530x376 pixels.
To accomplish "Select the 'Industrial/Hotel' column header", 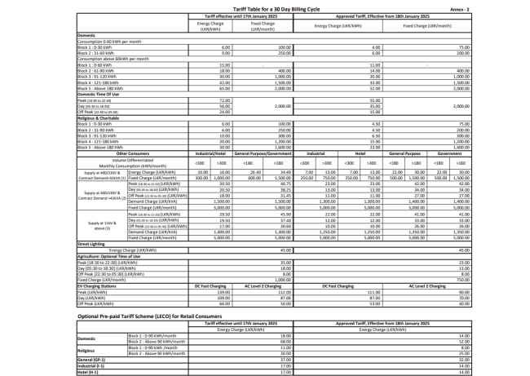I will [x=210, y=152].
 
